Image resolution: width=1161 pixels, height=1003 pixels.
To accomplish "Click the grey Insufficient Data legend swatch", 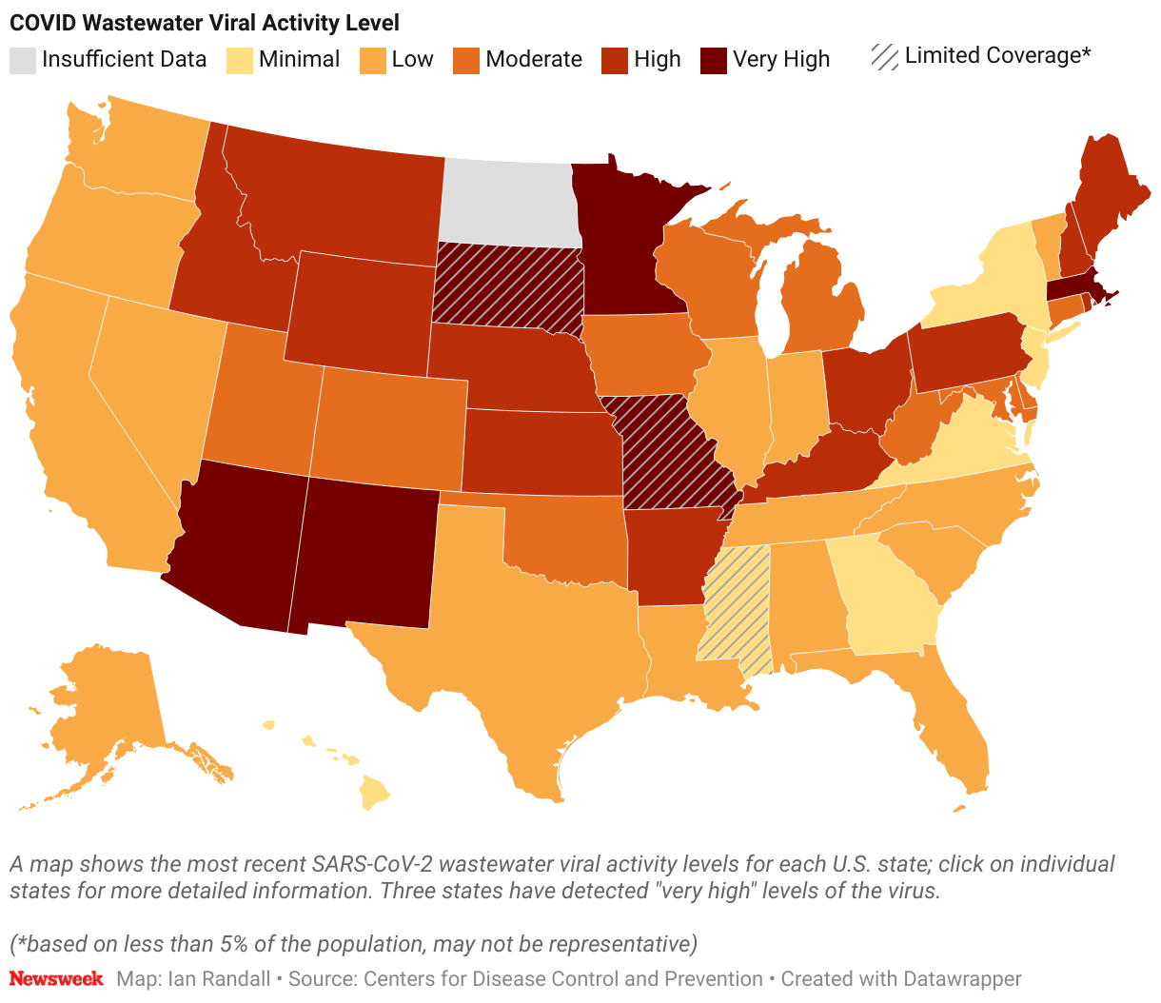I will click(x=23, y=60).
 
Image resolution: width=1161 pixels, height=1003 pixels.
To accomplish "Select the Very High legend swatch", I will click(x=714, y=60).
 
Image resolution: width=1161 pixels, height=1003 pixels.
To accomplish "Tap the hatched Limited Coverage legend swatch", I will click(x=885, y=57).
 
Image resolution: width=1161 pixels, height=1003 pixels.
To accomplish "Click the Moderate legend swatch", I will click(x=466, y=60).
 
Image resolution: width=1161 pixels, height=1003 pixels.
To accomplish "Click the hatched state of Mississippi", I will click(x=736, y=609).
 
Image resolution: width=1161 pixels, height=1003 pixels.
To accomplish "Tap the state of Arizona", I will click(x=243, y=542).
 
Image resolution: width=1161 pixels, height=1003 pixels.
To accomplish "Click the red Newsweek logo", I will click(x=56, y=978).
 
